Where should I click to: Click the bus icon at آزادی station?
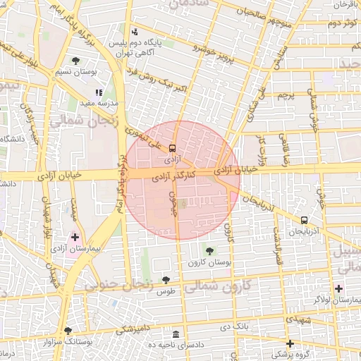[x=173, y=148]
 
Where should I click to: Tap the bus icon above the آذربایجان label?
[x=304, y=220]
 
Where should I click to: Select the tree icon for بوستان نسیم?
[x=75, y=61]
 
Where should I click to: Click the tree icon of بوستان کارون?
[x=209, y=251]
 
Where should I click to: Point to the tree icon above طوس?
[x=166, y=281]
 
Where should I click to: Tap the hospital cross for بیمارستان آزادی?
[x=75, y=237]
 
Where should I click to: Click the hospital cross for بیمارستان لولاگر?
[x=339, y=288]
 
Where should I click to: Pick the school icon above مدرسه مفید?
[x=99, y=92]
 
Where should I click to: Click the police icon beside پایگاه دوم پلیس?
[x=135, y=32]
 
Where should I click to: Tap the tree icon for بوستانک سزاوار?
[x=68, y=330]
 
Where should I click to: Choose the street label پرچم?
[x=286, y=94]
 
